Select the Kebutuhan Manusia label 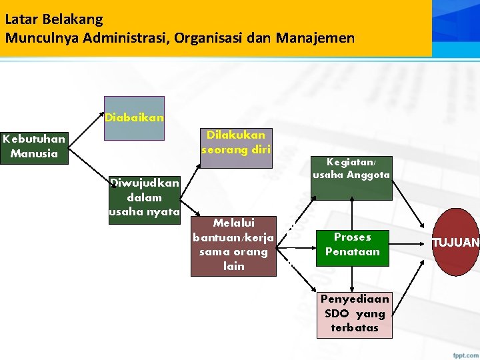pos(34,147)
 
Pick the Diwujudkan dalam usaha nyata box pos(145,199)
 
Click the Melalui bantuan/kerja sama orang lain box pos(233,245)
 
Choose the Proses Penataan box pos(352,245)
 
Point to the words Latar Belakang pos(54,19)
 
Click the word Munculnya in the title pos(39,37)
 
